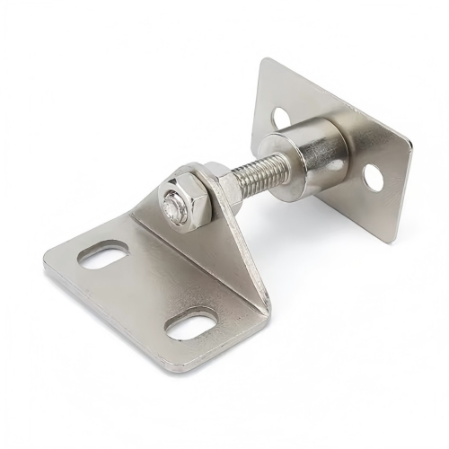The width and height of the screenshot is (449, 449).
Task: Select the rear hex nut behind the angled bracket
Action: [x=217, y=179]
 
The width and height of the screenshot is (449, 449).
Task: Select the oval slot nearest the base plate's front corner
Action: [x=191, y=323]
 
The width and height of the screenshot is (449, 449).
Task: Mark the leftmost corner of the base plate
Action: [x=45, y=263]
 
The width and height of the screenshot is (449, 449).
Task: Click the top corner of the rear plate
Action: [x=267, y=60]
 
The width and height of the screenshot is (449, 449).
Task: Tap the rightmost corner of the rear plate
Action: [x=410, y=144]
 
